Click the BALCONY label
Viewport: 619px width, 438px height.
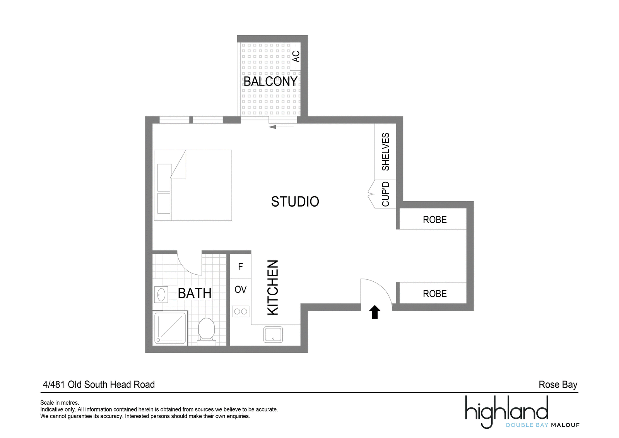pos(270,82)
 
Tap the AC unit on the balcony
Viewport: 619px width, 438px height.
pos(295,56)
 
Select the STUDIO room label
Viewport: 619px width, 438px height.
pos(295,202)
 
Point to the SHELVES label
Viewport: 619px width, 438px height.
pos(385,152)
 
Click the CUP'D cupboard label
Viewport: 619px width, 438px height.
pos(385,194)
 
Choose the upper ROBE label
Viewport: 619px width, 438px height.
pos(435,220)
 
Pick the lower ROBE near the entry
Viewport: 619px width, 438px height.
pos(435,294)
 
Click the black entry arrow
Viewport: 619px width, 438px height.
pos(375,312)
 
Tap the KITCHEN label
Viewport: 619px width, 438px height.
pos(273,287)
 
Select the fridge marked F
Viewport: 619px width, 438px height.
pos(240,266)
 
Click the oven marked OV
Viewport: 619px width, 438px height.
pos(240,289)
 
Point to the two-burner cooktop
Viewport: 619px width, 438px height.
pos(240,311)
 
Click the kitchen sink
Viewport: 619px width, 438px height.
pos(273,334)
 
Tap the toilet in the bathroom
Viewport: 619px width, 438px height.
pos(207,332)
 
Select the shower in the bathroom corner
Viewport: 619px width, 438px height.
pos(170,328)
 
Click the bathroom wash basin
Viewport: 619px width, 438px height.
pos(161,294)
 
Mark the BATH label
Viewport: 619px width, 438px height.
pos(195,293)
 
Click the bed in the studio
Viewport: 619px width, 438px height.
pos(193,185)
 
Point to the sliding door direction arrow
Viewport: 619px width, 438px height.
pos(281,127)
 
